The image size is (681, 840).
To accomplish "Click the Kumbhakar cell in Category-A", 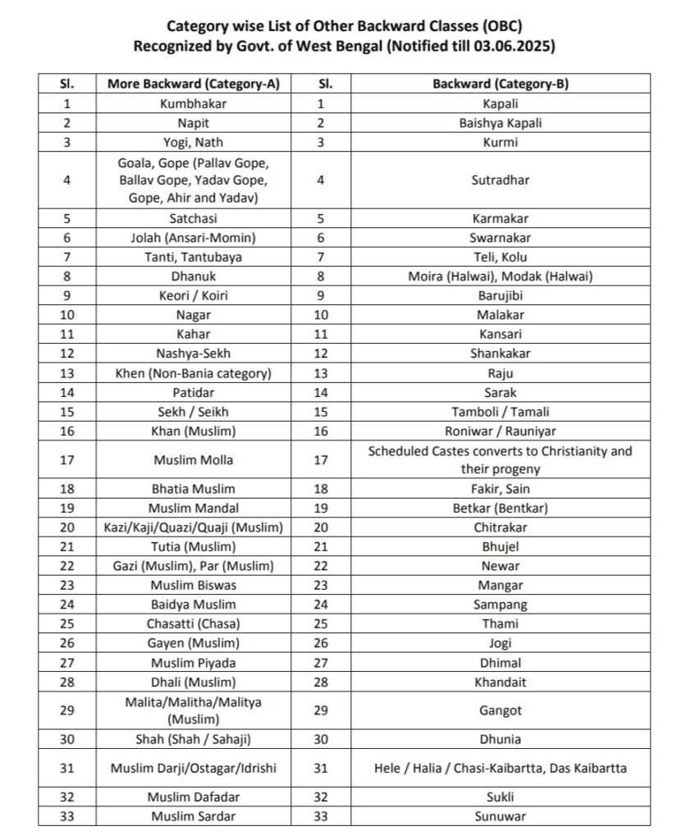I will (x=194, y=103).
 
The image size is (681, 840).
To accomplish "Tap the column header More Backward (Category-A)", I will (x=194, y=84).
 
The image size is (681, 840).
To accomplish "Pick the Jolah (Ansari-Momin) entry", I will (x=194, y=238).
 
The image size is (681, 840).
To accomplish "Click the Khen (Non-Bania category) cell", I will (x=194, y=373).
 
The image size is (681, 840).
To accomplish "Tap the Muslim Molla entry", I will (x=194, y=460).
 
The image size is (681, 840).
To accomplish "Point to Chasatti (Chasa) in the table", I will (x=194, y=623).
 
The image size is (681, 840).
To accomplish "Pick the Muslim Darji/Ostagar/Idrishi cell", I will (x=194, y=769).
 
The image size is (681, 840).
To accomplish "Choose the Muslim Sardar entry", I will (x=194, y=816).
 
